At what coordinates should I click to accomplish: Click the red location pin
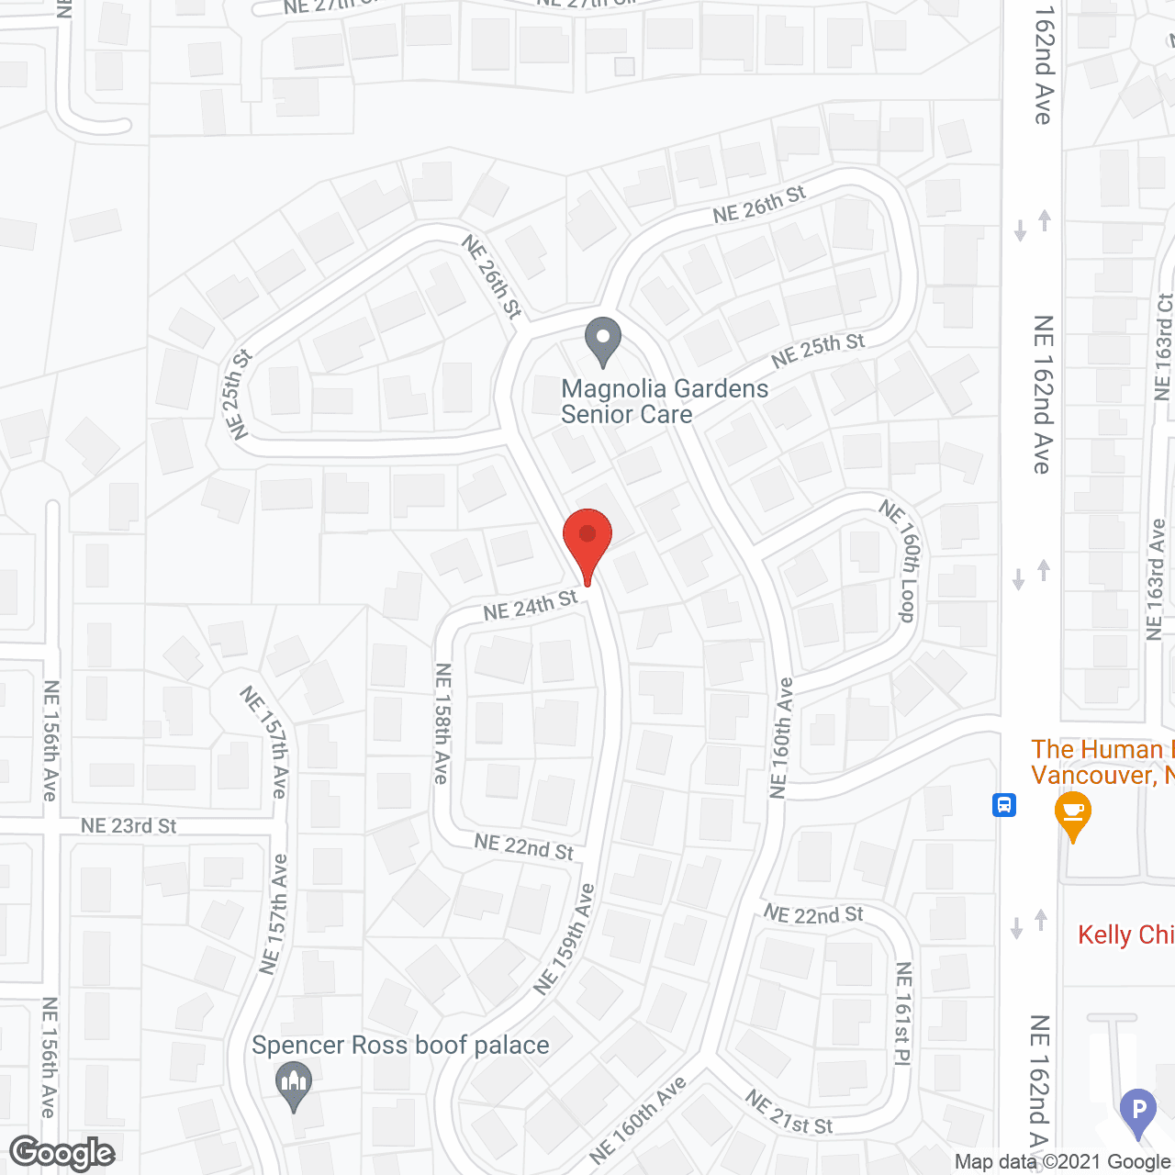(x=587, y=542)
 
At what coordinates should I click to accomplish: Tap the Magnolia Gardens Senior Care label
(x=665, y=401)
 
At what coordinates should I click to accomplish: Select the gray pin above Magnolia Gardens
(x=603, y=341)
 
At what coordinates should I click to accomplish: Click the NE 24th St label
(x=531, y=605)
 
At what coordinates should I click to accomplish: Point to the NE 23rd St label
(x=129, y=826)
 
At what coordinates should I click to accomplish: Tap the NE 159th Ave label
(x=565, y=938)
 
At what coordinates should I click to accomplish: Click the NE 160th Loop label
(x=901, y=560)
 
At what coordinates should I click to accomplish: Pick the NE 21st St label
(x=789, y=1112)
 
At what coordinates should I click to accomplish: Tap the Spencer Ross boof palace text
(x=400, y=1045)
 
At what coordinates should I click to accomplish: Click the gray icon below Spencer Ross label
(x=294, y=1085)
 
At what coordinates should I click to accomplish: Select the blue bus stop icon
(x=1004, y=806)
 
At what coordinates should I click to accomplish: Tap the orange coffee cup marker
(x=1072, y=815)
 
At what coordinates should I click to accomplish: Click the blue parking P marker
(x=1138, y=1111)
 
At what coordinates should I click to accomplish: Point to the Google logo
(x=62, y=1153)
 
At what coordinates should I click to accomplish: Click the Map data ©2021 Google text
(x=1062, y=1162)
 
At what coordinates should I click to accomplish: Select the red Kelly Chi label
(x=1125, y=934)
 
